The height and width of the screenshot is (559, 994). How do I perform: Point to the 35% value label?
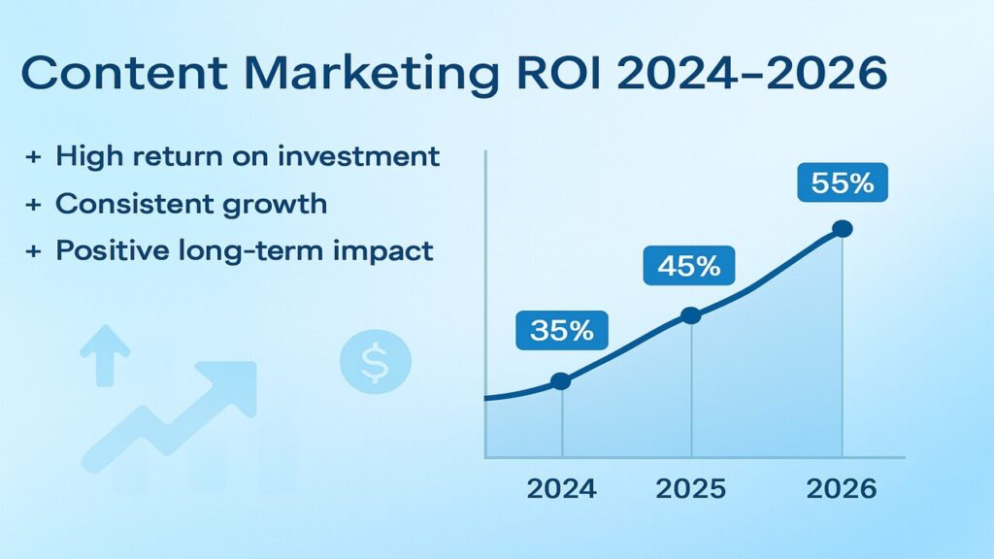(x=561, y=330)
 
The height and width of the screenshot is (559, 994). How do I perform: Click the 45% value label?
(x=689, y=265)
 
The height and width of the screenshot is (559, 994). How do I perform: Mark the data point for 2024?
(x=561, y=381)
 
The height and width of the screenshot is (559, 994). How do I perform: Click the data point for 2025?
(x=690, y=315)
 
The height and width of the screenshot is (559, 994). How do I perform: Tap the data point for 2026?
(x=842, y=229)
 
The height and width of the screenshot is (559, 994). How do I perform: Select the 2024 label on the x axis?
(x=562, y=488)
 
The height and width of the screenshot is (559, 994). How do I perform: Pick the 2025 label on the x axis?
(x=690, y=488)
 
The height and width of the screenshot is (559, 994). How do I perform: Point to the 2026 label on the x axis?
(x=842, y=488)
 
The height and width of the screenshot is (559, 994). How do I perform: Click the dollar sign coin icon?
(x=375, y=363)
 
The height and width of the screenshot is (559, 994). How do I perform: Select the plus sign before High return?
(x=32, y=156)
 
